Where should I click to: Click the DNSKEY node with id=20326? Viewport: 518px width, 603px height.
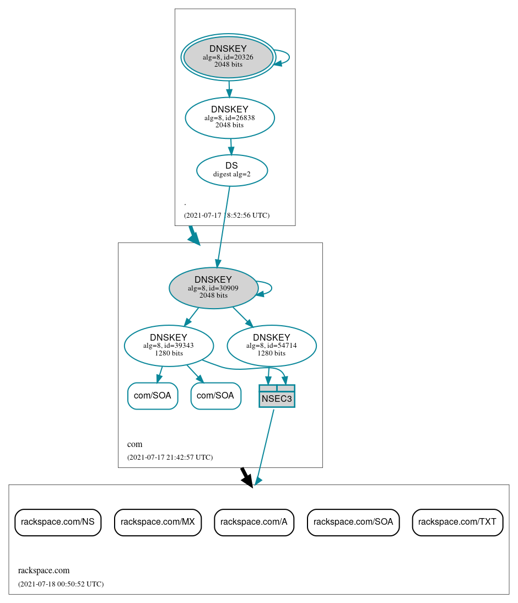[228, 57]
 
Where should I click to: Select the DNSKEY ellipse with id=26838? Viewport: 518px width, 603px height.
[230, 117]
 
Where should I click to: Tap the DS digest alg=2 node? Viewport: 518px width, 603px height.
[232, 170]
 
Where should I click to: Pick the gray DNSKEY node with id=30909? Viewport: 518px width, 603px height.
[213, 288]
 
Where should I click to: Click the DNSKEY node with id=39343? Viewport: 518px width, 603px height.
[169, 346]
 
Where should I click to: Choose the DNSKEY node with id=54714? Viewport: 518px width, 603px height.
[272, 346]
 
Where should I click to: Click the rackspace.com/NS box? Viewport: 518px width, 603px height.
[58, 522]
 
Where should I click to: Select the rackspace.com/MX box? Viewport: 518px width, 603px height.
[158, 522]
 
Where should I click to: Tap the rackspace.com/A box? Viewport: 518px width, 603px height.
[254, 522]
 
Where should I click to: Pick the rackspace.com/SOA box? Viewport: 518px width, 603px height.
[353, 522]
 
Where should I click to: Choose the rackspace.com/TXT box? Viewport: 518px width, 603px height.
[457, 522]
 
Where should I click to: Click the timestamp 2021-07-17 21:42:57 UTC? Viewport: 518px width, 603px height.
[170, 457]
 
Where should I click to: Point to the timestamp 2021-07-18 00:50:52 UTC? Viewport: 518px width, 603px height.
[61, 584]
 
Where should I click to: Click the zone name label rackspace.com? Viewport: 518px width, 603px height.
[44, 570]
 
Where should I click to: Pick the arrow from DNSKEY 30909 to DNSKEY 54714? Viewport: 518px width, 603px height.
[242, 317]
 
